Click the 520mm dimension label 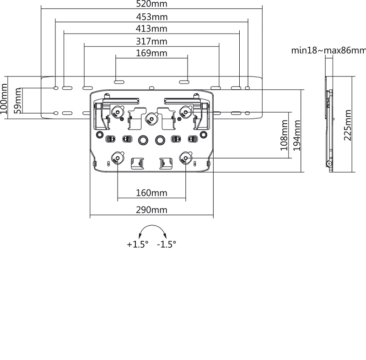click(x=151, y=4)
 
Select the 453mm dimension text click(x=151, y=17)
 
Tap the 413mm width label click(x=151, y=29)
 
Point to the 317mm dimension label click(x=151, y=42)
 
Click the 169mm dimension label click(x=151, y=54)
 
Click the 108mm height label click(x=285, y=136)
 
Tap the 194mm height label click(x=297, y=136)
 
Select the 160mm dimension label click(x=151, y=193)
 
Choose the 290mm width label click(x=151, y=210)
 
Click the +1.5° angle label click(x=138, y=245)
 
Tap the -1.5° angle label click(x=166, y=245)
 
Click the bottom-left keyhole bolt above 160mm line click(x=118, y=158)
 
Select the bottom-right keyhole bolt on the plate click(x=185, y=158)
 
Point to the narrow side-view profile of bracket click(x=329, y=124)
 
